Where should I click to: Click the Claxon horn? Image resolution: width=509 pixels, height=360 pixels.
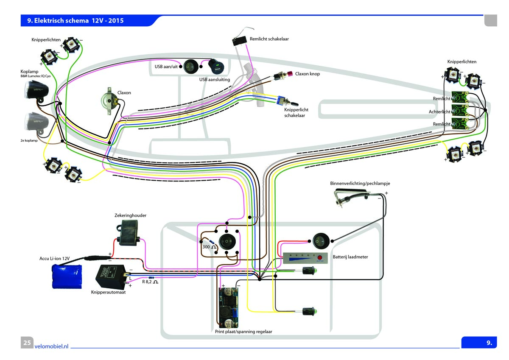coord(109,101)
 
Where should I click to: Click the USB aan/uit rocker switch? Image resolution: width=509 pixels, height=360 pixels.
coord(191,66)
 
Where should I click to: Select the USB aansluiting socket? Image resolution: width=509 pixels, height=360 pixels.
coord(215,67)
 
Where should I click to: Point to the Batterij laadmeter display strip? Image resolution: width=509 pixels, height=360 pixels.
coord(306,258)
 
